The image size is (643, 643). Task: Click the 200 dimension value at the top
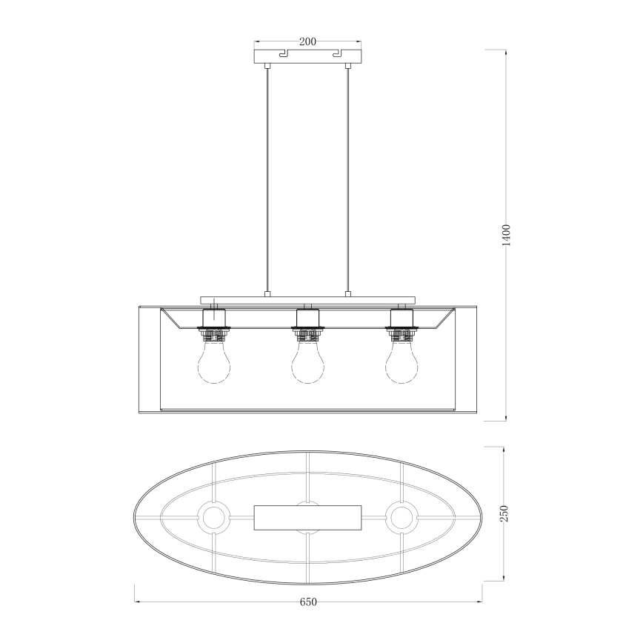click(x=308, y=41)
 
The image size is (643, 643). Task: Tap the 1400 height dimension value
click(x=506, y=235)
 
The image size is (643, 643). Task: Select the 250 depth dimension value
click(x=504, y=513)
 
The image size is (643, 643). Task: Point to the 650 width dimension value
click(x=308, y=602)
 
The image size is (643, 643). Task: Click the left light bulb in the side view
click(x=213, y=362)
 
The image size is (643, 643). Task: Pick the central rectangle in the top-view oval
click(x=308, y=517)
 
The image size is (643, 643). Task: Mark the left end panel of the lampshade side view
click(x=149, y=359)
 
